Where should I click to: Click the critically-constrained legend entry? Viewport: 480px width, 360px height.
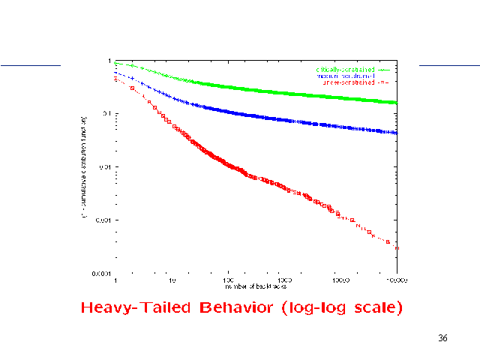tap(345, 69)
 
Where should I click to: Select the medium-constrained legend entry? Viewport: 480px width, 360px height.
tap(345, 76)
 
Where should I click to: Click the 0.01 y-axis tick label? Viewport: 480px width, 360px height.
tap(105, 166)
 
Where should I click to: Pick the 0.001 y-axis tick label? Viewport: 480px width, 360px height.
tap(103, 220)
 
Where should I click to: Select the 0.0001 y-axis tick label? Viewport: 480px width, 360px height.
tap(102, 274)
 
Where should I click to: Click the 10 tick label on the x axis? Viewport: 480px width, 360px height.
tap(172, 280)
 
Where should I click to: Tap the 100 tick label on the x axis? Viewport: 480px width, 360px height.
tap(228, 280)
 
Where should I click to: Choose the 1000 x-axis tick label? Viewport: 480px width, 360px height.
tap(284, 280)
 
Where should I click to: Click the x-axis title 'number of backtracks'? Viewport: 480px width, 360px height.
tap(256, 286)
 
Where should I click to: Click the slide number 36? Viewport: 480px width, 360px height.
tap(442, 339)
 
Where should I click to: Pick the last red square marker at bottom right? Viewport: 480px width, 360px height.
tap(388, 241)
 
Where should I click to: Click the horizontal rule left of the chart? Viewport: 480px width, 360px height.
tap(30, 65)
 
